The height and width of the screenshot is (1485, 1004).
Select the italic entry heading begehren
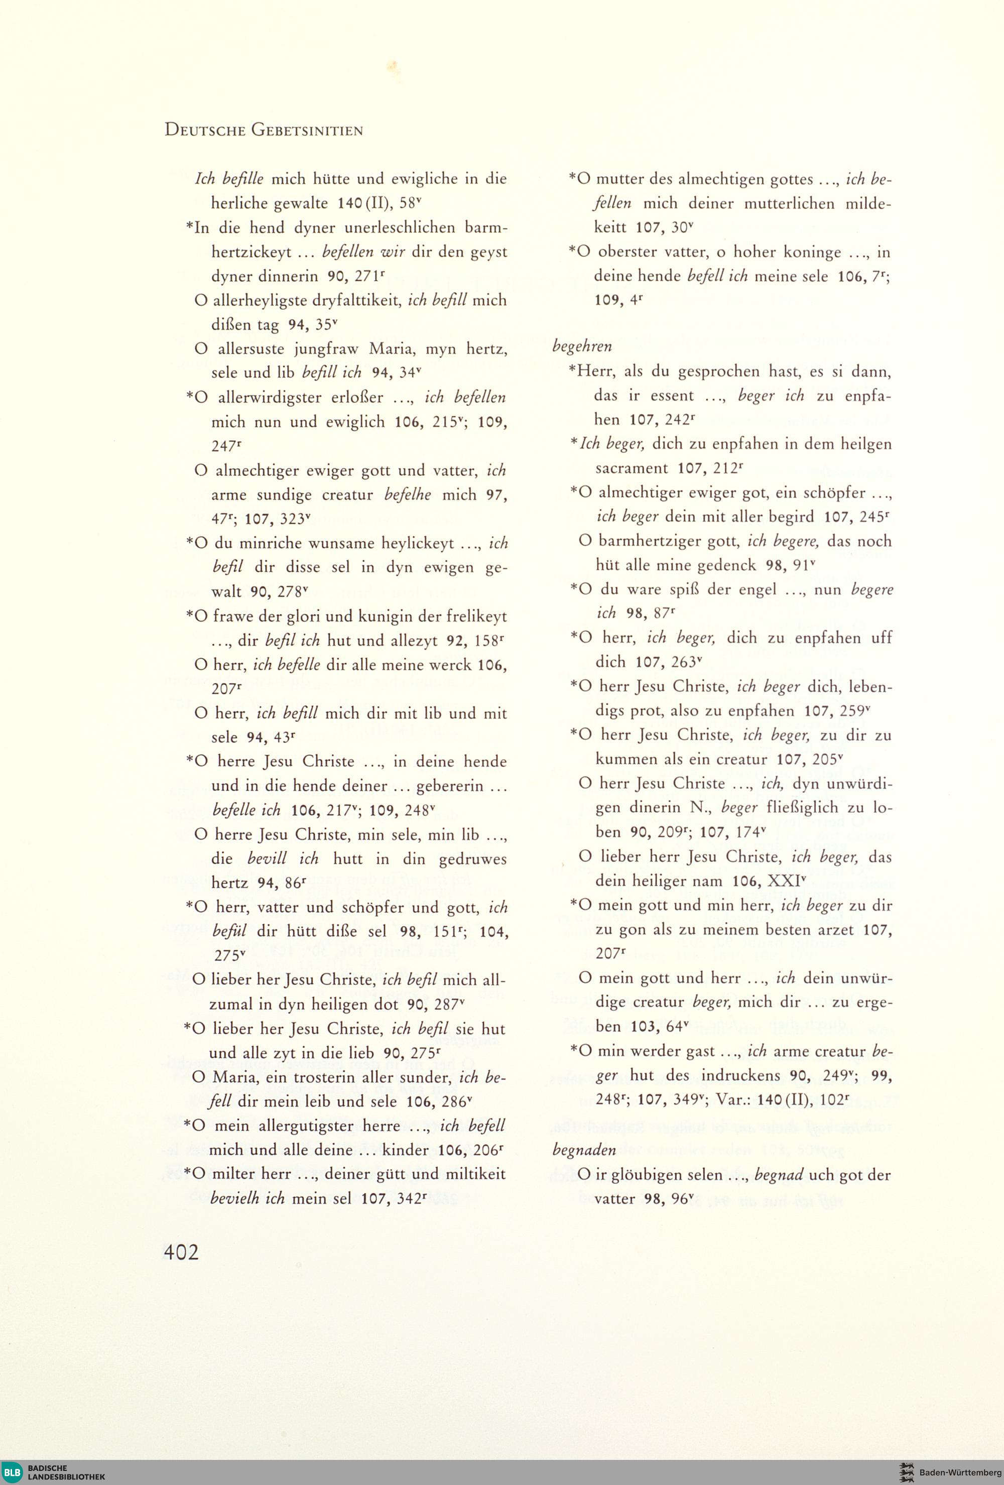coord(581,346)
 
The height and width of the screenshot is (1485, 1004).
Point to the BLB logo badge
coord(13,1472)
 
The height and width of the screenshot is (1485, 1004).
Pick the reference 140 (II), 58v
coord(380,203)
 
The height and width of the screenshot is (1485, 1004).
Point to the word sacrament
coord(632,468)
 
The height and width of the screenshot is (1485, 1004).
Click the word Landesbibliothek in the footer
coord(66,1476)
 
